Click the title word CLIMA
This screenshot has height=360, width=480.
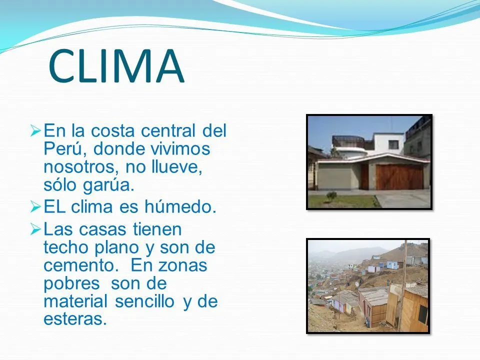116,66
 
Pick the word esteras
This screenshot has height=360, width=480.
75,318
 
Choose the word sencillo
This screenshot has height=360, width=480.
146,301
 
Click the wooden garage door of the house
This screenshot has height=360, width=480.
399,176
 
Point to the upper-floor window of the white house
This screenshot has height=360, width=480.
393,144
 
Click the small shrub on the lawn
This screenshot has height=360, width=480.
331,195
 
